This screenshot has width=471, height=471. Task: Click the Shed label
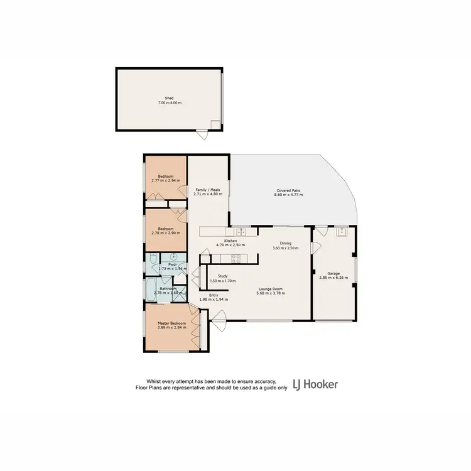[169, 98]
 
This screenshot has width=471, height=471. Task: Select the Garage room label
[333, 273]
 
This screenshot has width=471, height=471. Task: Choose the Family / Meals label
[207, 190]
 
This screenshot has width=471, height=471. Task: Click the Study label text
[222, 276]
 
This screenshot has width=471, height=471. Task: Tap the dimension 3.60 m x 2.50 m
[286, 248]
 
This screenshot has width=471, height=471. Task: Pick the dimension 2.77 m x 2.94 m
[165, 181]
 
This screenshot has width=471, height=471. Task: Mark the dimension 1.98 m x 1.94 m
[213, 300]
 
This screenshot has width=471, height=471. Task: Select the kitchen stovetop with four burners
[237, 257]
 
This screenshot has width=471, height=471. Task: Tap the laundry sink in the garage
[342, 232]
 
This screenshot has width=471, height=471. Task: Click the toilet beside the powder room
[153, 259]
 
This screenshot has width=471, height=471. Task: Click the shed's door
[202, 134]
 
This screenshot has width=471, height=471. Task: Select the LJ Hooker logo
[316, 384]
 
